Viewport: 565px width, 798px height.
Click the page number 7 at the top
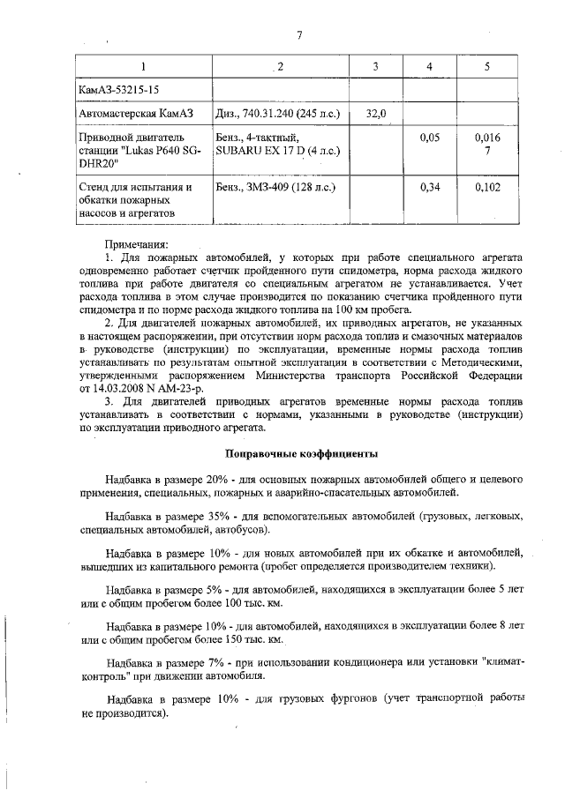[x=299, y=35]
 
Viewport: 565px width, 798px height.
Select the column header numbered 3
[x=375, y=67]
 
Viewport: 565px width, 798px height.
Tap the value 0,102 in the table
[x=486, y=188]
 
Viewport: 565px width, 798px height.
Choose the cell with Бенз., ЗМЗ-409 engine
[x=278, y=188]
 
